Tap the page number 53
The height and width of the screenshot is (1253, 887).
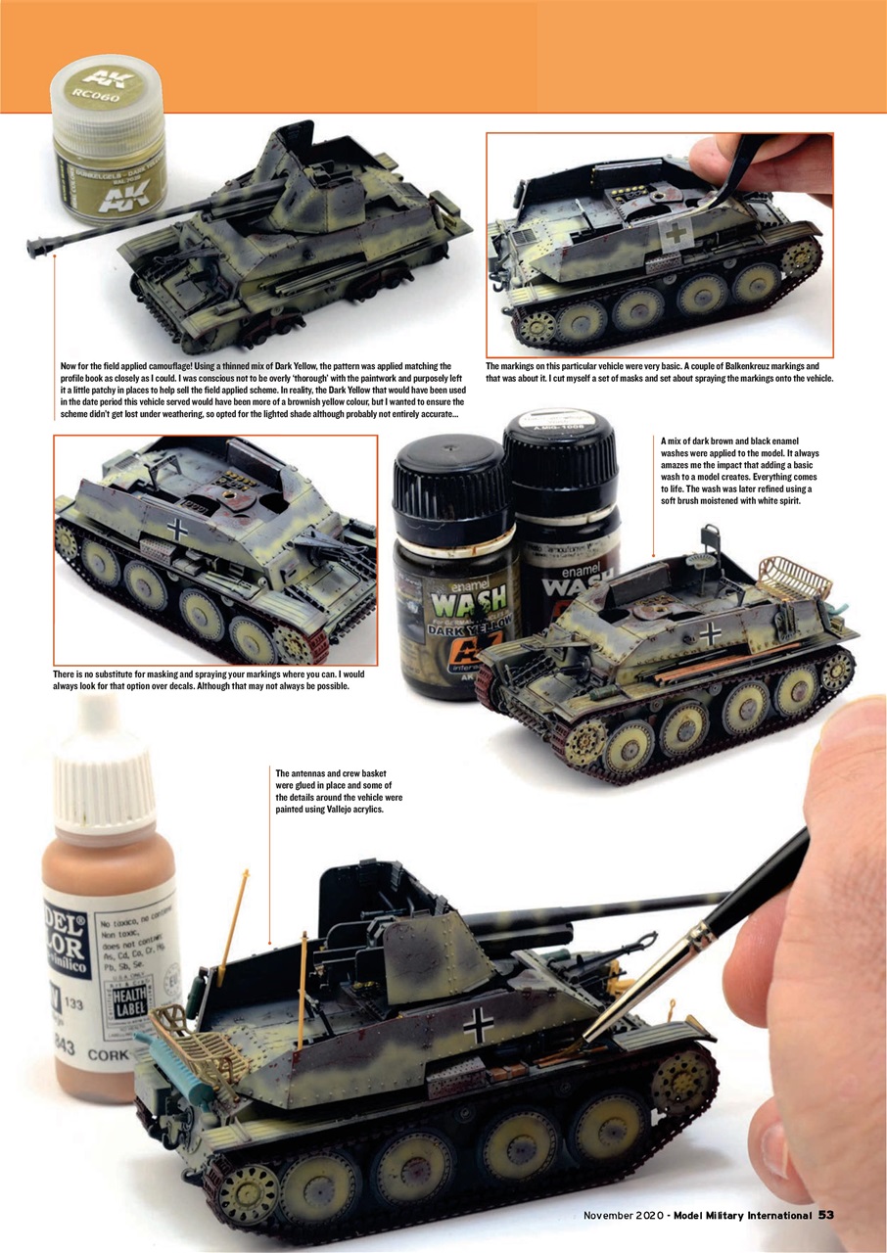(x=825, y=1215)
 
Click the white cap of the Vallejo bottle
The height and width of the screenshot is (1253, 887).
(x=106, y=773)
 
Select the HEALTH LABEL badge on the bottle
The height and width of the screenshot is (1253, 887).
(x=128, y=1000)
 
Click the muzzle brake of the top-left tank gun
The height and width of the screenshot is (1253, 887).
(x=38, y=246)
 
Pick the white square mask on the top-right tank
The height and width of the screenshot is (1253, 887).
(x=677, y=233)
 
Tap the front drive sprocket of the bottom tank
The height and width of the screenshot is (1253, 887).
(x=686, y=1083)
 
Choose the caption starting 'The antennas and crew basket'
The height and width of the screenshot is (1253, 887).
(x=339, y=791)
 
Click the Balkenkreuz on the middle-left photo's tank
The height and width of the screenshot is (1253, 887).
(x=177, y=530)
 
